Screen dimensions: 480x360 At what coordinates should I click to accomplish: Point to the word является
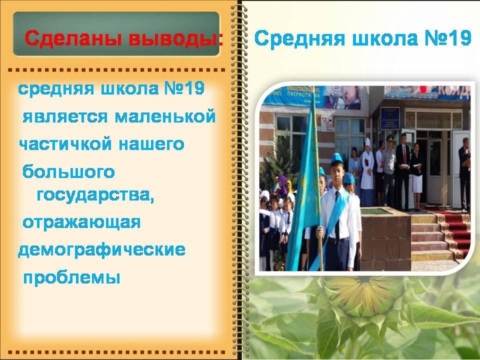click(x=65, y=117)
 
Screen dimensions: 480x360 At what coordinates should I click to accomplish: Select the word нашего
click(x=151, y=144)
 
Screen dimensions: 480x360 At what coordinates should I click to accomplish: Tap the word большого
click(x=68, y=171)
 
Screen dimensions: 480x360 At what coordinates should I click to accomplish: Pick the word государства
click(x=95, y=195)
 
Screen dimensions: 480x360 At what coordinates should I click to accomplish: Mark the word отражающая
click(x=81, y=222)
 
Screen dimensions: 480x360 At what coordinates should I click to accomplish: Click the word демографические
click(x=101, y=250)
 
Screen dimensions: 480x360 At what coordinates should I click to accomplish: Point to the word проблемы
click(x=71, y=277)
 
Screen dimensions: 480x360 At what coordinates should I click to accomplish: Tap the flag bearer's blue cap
click(x=336, y=158)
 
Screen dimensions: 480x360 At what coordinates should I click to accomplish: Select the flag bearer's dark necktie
click(x=337, y=214)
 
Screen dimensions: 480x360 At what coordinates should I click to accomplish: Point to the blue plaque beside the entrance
click(x=390, y=118)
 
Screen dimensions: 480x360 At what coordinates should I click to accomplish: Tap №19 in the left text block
click(x=184, y=89)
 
